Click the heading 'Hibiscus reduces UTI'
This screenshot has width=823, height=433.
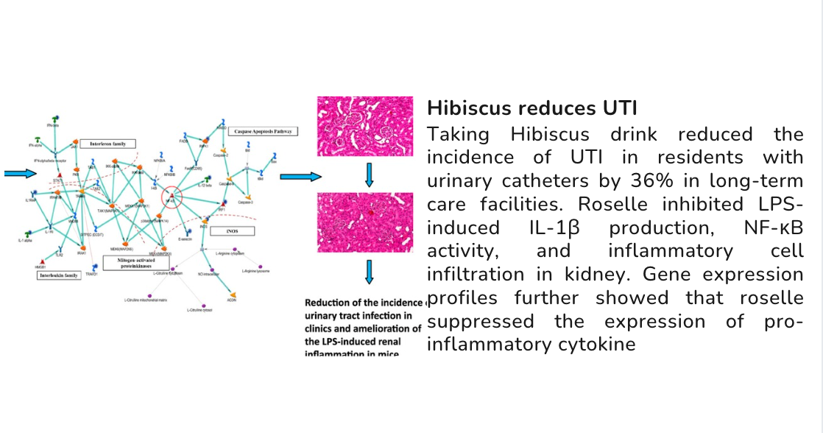click(532, 109)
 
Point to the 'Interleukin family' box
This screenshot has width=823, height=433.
click(59, 275)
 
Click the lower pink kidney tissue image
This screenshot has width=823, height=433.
click(364, 222)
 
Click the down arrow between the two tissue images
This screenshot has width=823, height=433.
click(370, 174)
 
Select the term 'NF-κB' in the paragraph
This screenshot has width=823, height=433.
click(773, 228)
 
